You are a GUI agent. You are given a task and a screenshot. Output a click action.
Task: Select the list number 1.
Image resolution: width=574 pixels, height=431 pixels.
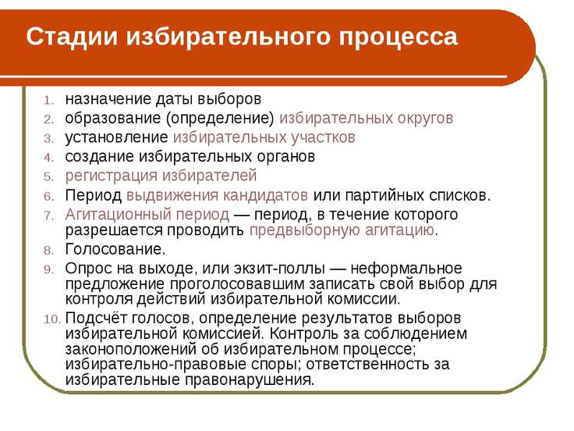[x=48, y=100]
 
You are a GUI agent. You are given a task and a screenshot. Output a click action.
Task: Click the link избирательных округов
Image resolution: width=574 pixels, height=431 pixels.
[x=366, y=118]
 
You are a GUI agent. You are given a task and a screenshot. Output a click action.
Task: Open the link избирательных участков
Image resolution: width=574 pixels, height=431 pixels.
[x=264, y=137]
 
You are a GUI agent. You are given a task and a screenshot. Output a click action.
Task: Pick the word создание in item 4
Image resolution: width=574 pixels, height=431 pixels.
[x=94, y=156]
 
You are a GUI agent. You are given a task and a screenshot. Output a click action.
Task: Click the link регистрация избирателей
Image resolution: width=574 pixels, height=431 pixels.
[x=161, y=175]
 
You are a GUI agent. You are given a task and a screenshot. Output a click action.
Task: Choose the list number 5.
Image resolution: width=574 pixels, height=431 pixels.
[x=48, y=176]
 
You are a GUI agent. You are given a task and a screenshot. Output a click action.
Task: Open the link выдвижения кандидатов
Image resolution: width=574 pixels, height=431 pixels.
[x=217, y=194]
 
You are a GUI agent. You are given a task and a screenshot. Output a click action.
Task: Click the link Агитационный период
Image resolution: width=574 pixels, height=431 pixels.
[x=147, y=214]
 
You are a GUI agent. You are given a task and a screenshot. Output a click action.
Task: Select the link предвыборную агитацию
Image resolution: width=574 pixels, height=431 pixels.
[x=342, y=230]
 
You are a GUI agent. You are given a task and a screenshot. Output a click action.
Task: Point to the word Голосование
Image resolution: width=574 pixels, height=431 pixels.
[x=115, y=250]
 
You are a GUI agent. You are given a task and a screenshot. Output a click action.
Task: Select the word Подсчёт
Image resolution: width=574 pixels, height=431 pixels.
[x=94, y=319]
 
